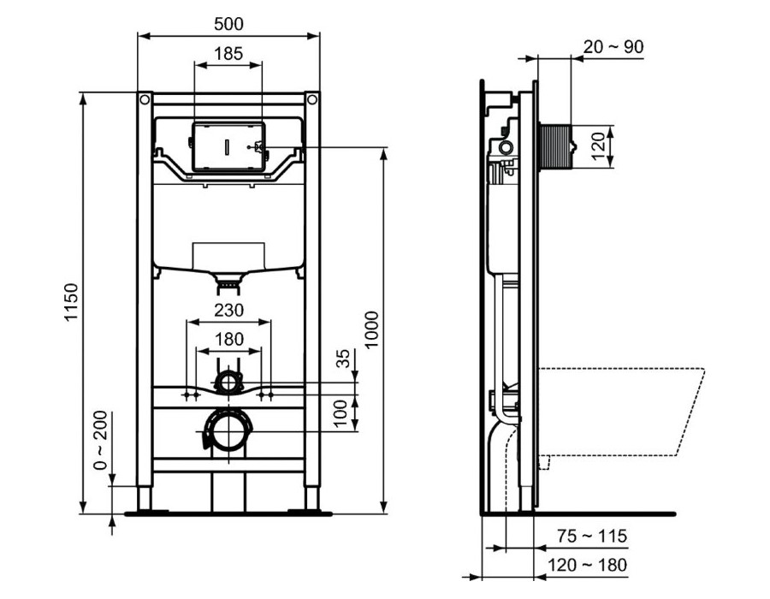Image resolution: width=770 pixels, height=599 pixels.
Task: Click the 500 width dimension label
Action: tap(228, 24)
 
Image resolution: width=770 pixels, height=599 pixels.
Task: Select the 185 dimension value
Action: tap(228, 53)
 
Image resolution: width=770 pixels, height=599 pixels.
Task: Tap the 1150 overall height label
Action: tap(71, 302)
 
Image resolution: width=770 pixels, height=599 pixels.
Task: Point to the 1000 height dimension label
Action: tap(372, 329)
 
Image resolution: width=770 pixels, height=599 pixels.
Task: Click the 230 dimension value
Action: tap(228, 311)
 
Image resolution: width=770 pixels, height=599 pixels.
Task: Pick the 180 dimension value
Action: tap(228, 339)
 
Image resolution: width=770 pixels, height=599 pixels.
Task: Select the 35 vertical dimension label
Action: tap(344, 359)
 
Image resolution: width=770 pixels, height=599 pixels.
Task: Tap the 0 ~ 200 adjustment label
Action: tap(100, 440)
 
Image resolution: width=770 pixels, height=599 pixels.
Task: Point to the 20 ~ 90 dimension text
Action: tap(613, 47)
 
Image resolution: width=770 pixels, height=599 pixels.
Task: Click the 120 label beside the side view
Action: tap(598, 146)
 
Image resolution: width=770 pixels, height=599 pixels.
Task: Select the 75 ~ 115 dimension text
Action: tap(592, 536)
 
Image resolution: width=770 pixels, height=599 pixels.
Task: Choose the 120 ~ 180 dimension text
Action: tap(587, 565)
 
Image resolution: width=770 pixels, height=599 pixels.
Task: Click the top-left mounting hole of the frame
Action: tap(145, 99)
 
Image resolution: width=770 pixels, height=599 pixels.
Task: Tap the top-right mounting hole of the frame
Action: tap(311, 99)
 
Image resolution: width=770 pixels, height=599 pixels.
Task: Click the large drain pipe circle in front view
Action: tap(228, 430)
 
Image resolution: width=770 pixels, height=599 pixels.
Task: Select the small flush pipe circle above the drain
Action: tap(228, 381)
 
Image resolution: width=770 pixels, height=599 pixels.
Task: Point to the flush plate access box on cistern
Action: tap(228, 147)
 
